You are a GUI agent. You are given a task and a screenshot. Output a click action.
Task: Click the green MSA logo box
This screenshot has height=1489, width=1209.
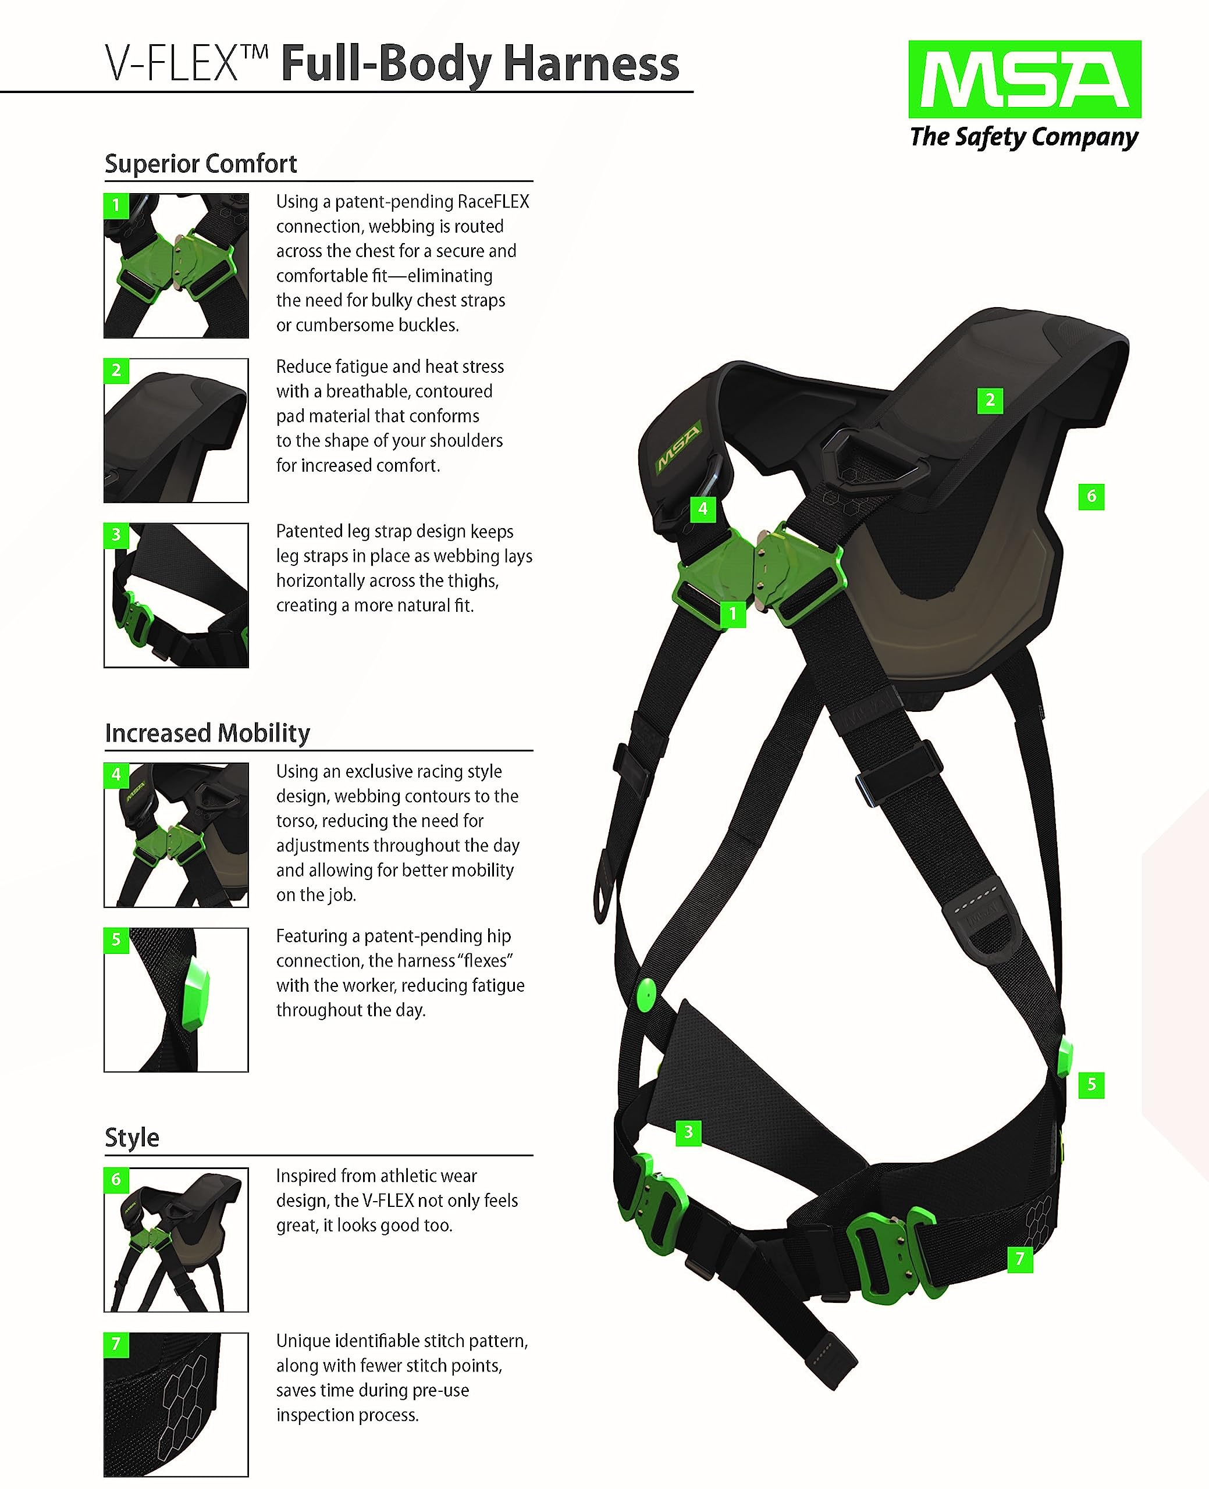click(1024, 79)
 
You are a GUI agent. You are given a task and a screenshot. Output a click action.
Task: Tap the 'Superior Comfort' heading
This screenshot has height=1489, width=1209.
click(201, 163)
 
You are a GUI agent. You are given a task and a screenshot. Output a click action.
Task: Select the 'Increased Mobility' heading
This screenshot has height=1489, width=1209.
click(208, 733)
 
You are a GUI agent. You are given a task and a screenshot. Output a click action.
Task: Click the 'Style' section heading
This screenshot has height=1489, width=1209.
click(131, 1138)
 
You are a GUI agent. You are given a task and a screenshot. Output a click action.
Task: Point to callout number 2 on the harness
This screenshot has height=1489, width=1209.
click(990, 400)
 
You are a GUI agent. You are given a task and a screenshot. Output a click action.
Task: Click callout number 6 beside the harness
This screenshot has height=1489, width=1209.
click(1091, 496)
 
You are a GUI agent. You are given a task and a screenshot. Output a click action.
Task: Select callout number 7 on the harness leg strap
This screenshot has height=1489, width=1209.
click(1019, 1259)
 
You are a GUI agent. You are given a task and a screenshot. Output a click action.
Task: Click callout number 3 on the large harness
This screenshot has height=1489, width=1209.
click(688, 1132)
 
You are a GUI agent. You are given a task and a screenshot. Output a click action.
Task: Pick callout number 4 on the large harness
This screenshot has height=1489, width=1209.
click(702, 509)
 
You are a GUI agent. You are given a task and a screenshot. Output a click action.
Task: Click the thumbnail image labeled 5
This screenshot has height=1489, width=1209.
click(176, 1000)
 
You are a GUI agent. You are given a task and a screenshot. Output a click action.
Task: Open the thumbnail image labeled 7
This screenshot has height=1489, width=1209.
click(176, 1405)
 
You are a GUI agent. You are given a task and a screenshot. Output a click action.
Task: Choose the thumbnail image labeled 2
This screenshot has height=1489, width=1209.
click(176, 430)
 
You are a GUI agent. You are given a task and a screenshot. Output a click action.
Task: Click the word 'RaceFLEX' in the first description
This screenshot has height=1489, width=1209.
click(493, 202)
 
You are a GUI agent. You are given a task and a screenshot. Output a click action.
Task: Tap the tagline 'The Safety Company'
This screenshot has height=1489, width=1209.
click(1024, 137)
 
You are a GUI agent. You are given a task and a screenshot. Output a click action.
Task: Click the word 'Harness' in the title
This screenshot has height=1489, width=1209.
click(591, 64)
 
